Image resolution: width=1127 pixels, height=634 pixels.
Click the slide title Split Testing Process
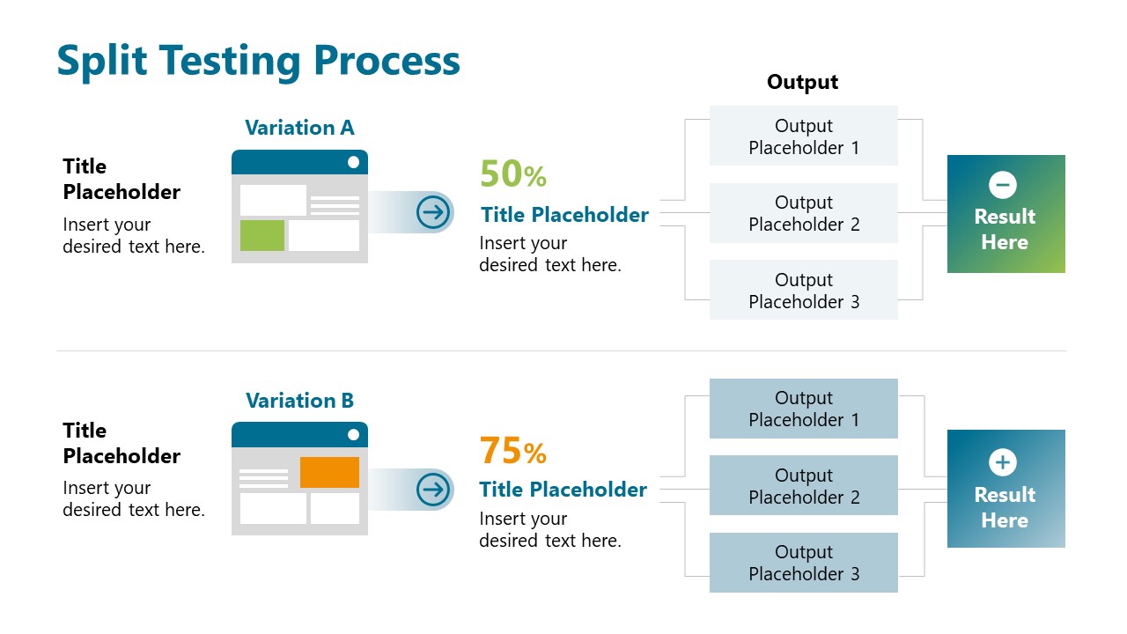258,62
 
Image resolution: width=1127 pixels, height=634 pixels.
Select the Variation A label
299,128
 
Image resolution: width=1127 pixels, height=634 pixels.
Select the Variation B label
299,401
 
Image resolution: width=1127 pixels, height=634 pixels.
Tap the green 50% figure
512,174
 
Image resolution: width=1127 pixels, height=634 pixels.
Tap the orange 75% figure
512,451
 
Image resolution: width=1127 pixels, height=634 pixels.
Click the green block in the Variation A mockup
262,235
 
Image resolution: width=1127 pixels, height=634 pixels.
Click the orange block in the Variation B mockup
329,472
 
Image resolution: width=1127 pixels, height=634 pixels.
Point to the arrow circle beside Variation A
433,212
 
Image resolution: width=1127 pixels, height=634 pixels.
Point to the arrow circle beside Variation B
433,490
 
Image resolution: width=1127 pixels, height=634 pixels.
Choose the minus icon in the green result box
1002,185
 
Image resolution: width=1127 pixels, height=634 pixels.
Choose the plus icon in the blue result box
1002,462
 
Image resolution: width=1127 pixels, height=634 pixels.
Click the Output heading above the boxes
802,82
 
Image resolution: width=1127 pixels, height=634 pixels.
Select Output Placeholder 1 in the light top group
803,136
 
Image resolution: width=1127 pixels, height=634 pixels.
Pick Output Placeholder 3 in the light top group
803,291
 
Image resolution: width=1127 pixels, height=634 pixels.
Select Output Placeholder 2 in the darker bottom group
803,486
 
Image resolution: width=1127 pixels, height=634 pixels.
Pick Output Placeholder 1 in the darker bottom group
803,409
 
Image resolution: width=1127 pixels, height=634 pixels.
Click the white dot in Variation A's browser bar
353,162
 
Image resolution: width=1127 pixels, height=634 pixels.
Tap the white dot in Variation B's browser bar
353,434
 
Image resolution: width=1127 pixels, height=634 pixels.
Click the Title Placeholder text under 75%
563,490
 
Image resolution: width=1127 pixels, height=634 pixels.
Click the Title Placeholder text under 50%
564,215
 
